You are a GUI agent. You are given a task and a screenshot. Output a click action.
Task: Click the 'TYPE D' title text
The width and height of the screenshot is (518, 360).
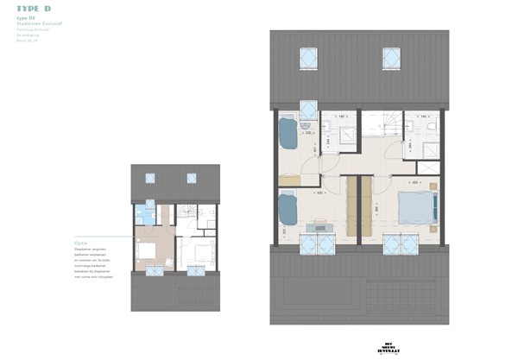pyautogui.click(x=33, y=9)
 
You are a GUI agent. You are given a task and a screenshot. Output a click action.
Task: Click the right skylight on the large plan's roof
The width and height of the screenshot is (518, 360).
pyautogui.click(x=390, y=58)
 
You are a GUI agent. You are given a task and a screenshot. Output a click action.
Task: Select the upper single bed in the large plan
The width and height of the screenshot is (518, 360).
pyautogui.click(x=287, y=136)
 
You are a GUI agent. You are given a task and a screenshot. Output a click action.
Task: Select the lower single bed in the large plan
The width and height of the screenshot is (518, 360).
pyautogui.click(x=287, y=210)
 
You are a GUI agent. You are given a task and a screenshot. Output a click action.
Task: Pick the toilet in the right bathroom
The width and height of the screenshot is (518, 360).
pyautogui.click(x=429, y=127)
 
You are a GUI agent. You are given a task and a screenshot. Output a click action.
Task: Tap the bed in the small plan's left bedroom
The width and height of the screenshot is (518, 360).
pyautogui.click(x=145, y=251)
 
